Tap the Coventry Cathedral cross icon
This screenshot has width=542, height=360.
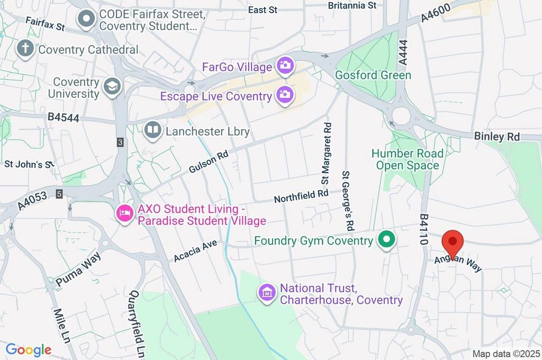(25, 49)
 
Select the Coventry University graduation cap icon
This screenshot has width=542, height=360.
(112, 87)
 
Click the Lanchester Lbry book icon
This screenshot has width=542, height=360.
(153, 130)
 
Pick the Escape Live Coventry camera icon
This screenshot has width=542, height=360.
(285, 95)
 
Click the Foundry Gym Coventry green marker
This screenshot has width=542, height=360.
(387, 240)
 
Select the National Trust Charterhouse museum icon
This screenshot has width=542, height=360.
(267, 292)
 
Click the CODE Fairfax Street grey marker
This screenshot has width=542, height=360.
(86, 20)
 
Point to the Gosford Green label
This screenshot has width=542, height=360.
(373, 75)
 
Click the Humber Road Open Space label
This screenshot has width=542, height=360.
(407, 159)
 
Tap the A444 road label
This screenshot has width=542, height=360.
(404, 53)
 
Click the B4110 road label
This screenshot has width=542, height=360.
(423, 229)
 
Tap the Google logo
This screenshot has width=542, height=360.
(29, 349)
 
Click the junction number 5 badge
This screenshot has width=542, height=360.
(59, 194)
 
